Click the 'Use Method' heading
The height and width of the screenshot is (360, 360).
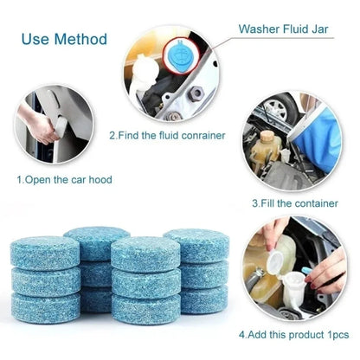point(64,40)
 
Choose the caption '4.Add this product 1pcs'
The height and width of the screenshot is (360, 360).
point(292,333)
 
